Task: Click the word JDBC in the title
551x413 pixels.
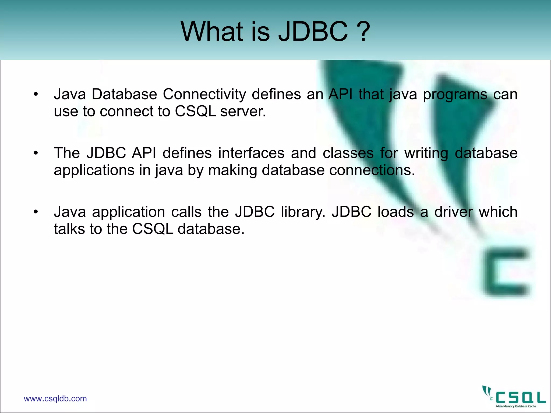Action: (x=313, y=32)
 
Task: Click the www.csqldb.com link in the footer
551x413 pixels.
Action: (x=55, y=398)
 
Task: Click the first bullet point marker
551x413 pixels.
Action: (x=36, y=95)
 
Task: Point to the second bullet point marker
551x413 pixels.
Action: (x=36, y=153)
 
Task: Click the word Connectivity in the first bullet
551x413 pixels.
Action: (x=204, y=95)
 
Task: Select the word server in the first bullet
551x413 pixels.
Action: (x=243, y=112)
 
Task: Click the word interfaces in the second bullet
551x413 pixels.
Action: (x=251, y=153)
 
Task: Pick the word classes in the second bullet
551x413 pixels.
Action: (x=348, y=153)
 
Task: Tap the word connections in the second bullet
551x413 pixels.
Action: (x=372, y=170)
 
